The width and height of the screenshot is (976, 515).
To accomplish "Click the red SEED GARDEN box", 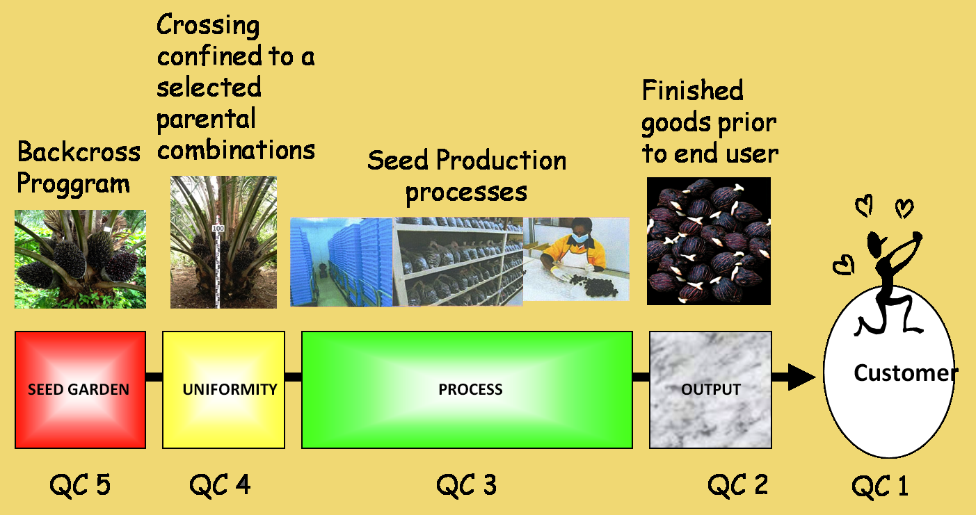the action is (80, 390).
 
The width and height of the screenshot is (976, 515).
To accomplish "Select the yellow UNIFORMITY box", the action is (223, 390).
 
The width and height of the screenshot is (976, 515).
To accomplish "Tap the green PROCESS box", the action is (467, 390).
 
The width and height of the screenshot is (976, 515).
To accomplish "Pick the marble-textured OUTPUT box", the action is (710, 390).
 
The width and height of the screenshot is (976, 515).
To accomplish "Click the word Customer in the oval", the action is (906, 373).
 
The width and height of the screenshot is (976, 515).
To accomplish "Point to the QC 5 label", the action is (80, 485).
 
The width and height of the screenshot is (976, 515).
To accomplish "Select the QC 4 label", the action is (220, 485).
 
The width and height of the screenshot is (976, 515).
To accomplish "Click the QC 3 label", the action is (466, 485).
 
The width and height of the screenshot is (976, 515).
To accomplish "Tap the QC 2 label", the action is (737, 485).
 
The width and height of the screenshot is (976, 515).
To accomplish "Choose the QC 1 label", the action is (880, 486).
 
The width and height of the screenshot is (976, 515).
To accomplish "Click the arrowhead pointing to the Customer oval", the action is (801, 377).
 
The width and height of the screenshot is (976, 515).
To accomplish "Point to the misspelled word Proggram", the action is (73, 183).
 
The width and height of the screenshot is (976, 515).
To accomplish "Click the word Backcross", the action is (79, 152).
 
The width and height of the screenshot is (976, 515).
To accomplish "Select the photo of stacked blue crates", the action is (342, 262).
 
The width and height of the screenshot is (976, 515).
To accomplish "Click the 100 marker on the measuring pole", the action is (218, 228).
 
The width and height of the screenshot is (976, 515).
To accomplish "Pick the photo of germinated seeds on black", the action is (708, 240).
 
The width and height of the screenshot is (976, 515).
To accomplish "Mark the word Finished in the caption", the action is (692, 90).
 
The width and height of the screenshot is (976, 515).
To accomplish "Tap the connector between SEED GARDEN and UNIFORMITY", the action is (154, 377).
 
